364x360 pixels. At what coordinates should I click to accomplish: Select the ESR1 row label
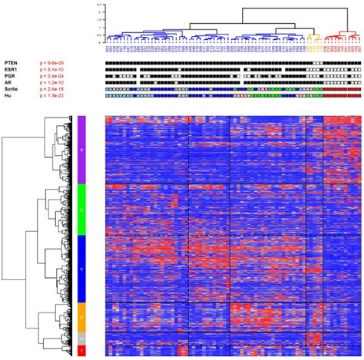11,70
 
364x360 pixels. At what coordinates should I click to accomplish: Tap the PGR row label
10,76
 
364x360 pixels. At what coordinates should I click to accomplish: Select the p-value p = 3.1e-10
55,70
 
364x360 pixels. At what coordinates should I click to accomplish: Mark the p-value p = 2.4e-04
55,76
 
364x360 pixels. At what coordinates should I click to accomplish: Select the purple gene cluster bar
81,150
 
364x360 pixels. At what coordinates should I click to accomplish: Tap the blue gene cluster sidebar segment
81,269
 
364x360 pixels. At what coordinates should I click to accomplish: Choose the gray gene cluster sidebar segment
81,338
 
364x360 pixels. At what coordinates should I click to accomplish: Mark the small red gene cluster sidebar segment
81,351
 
